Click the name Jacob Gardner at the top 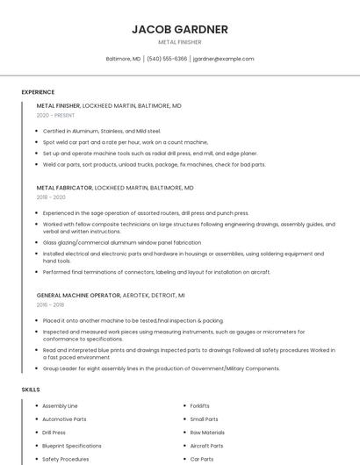tap(179, 29)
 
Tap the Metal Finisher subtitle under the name tap(179, 41)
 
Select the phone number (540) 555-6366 tap(167, 59)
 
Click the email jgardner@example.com tap(223, 59)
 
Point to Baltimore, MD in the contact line tap(123, 59)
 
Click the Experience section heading tap(38, 92)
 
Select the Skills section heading tap(30, 389)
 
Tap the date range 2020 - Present tap(55, 115)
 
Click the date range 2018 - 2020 tap(51, 197)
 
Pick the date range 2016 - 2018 tap(51, 305)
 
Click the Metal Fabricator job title tap(64, 188)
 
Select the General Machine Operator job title tap(77, 296)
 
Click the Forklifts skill tap(199, 406)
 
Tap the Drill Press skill tap(54, 433)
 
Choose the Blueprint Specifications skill tap(71, 446)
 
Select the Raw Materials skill tap(207, 433)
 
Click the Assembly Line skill tap(60, 406)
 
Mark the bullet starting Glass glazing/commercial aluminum tap(122, 242)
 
